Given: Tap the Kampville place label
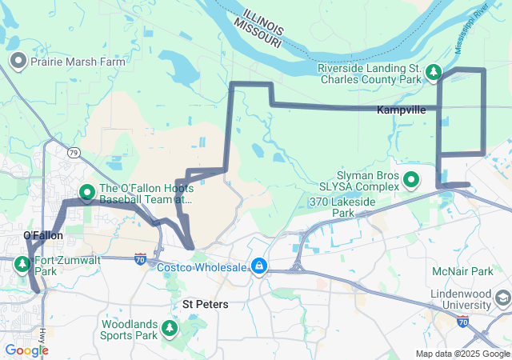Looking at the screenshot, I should (x=401, y=110).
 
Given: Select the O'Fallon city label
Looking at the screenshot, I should (x=42, y=235).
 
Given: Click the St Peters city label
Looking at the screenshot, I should (x=206, y=304).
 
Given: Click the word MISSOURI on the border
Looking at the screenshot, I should (x=258, y=33).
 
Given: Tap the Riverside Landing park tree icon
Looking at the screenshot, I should (x=434, y=74).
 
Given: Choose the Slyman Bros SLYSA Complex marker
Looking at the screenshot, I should (x=411, y=180).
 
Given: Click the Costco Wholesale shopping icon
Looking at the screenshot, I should (x=259, y=266).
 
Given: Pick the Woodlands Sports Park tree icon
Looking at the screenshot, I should (x=169, y=328).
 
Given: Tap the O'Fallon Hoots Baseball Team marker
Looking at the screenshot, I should (x=87, y=193).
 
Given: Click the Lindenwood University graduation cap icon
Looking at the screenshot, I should (x=502, y=299).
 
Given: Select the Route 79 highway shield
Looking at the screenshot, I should (x=74, y=152).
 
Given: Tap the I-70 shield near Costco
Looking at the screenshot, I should (x=141, y=258).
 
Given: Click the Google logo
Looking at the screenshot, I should (x=26, y=350).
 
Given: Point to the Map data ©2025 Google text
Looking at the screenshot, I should (x=462, y=354).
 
